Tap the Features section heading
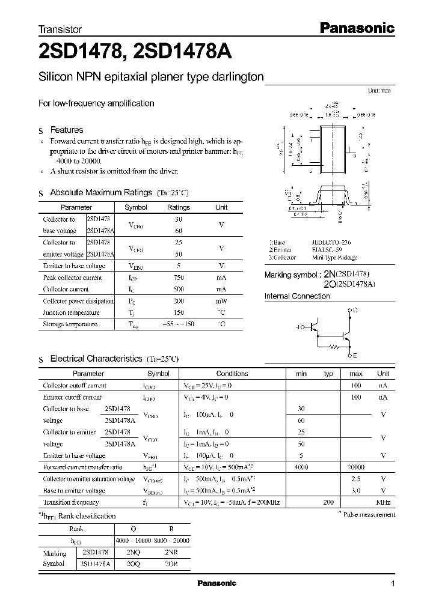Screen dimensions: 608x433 [x=66, y=130]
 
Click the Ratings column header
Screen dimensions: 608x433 [x=178, y=207]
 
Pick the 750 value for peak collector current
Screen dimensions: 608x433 [x=178, y=278]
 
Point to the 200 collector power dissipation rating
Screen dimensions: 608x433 [x=178, y=301]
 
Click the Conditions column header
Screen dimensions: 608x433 [x=232, y=374]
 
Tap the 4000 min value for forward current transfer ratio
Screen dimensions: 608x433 [x=301, y=467]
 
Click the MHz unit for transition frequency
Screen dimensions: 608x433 [x=383, y=502]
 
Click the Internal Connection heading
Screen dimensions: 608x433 [x=297, y=296]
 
